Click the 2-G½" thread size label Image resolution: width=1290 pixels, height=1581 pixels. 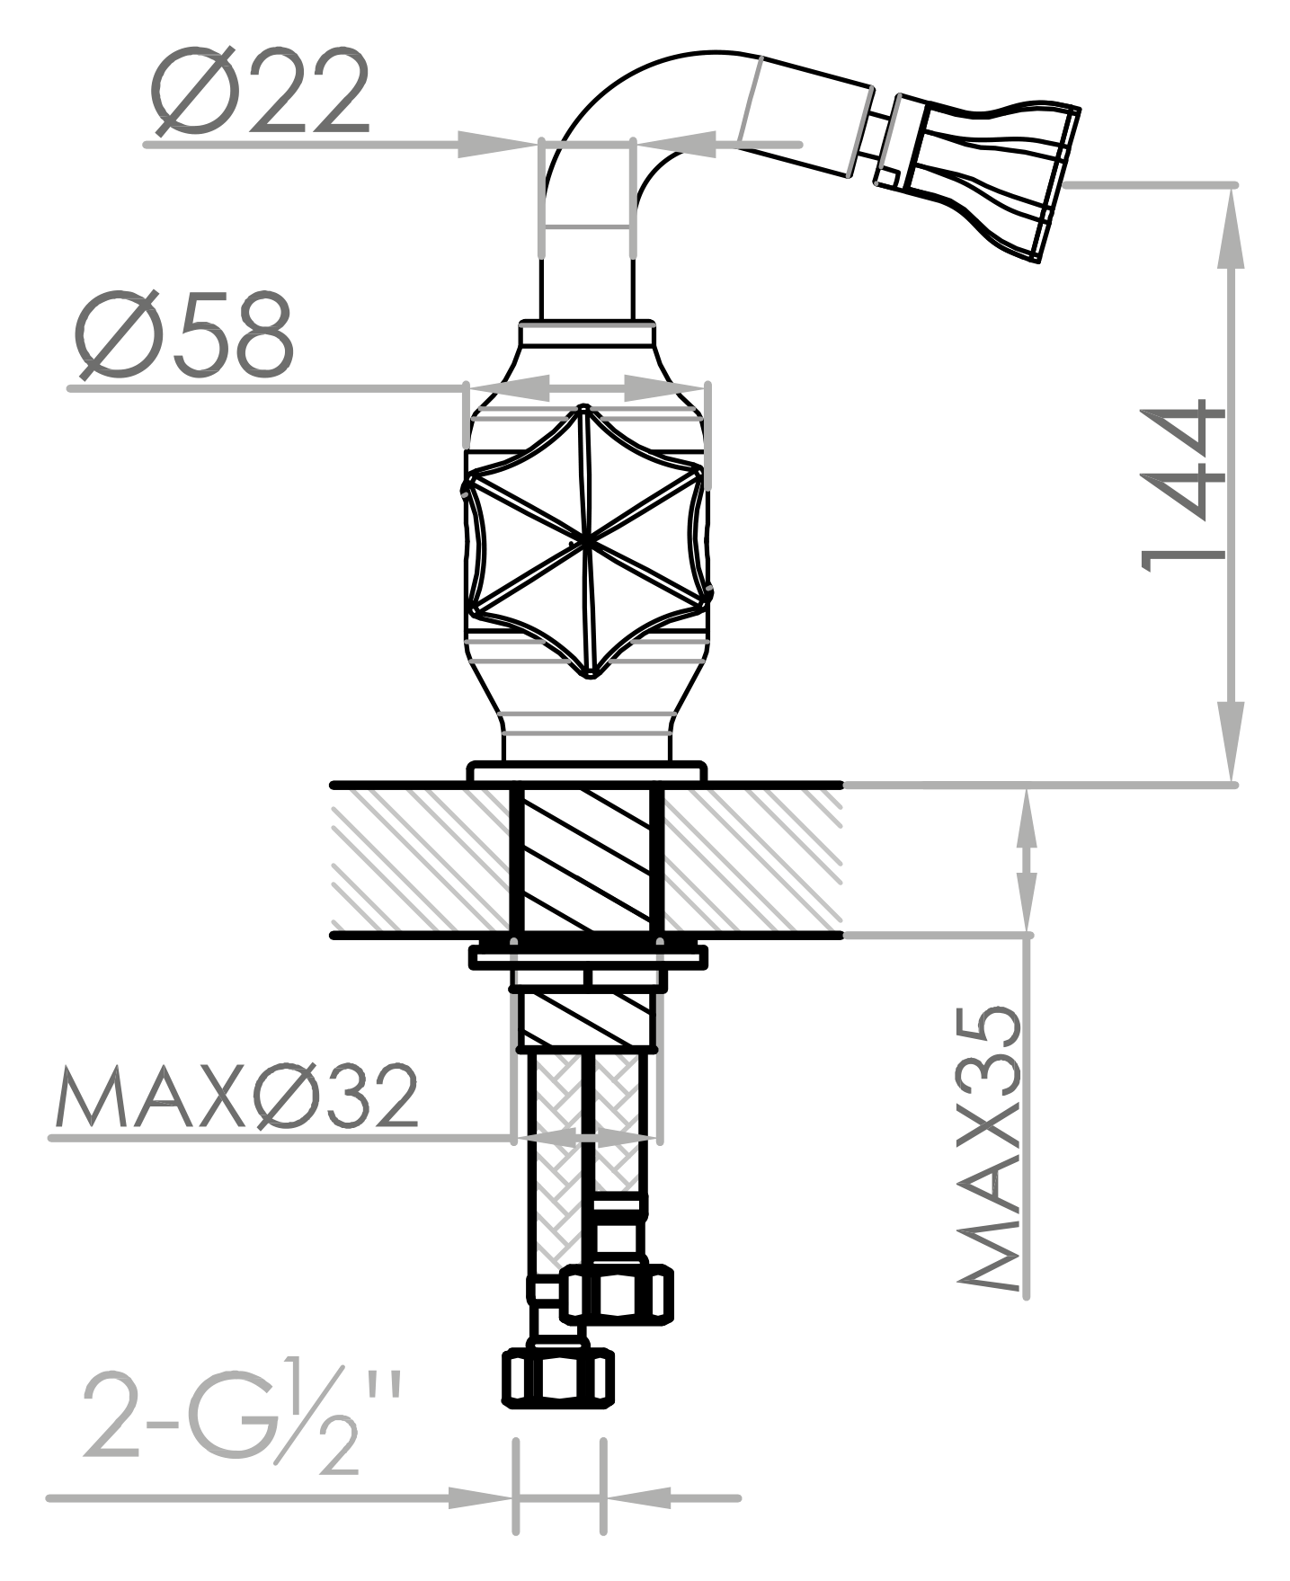coord(243,1421)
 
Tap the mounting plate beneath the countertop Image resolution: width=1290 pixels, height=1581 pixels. coord(588,958)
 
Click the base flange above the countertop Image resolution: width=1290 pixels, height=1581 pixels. coord(587,771)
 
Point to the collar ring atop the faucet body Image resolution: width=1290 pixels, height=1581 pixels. coord(587,333)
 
